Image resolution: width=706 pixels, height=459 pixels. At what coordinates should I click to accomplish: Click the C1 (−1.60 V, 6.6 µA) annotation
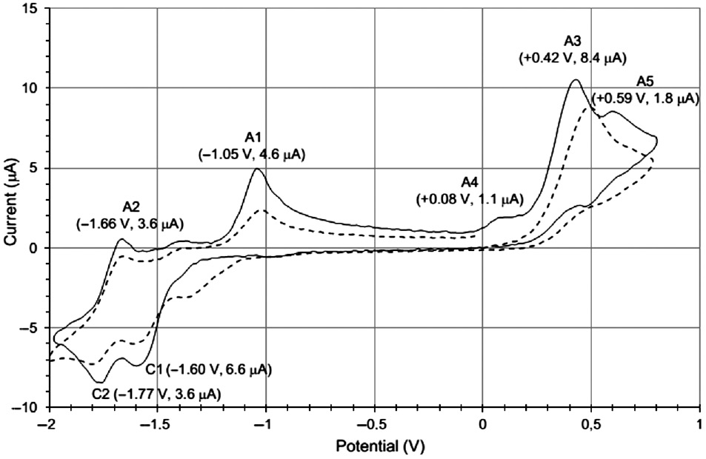(210, 369)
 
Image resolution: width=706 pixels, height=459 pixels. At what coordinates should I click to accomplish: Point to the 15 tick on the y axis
(31, 9)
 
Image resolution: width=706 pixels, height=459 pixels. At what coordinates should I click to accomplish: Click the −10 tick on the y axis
(27, 408)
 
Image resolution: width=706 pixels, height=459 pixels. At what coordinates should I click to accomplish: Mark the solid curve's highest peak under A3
(573, 80)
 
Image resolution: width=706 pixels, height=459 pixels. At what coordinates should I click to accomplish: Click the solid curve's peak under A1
(256, 169)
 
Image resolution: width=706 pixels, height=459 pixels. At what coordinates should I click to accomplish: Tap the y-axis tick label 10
(31, 88)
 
